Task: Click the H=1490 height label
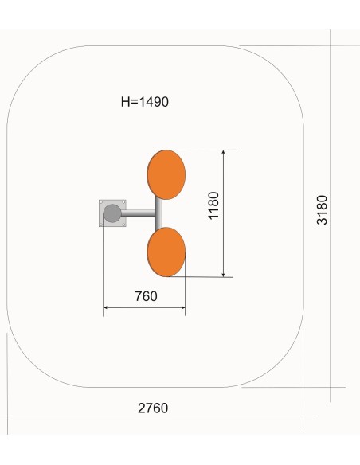point(145,102)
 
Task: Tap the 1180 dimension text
point(213,205)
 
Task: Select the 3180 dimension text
point(322,209)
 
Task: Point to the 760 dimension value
point(146,296)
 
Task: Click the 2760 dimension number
point(153,408)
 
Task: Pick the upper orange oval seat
point(166,174)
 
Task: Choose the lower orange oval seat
point(166,252)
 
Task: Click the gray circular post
point(112,213)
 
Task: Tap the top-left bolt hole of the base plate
point(101,202)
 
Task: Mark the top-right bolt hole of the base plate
point(123,202)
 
